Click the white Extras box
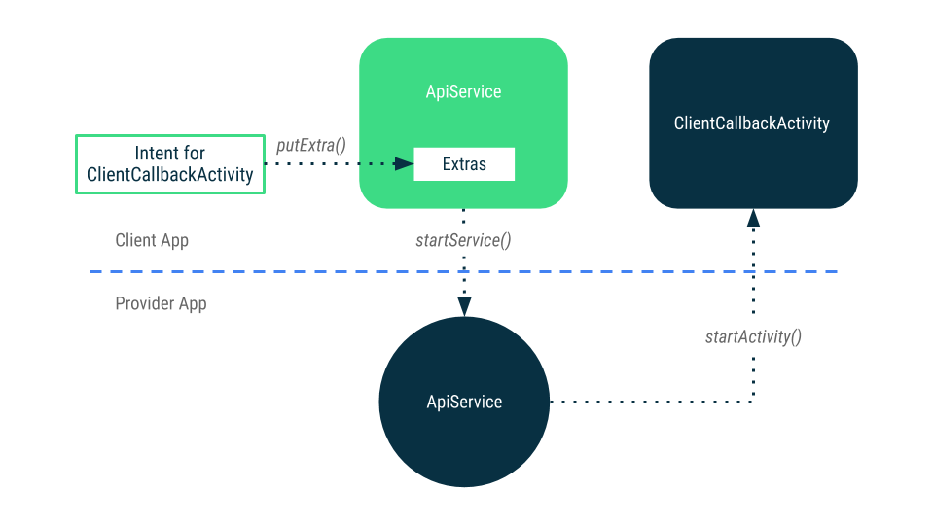(x=464, y=163)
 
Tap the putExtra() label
(x=311, y=145)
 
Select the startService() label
(x=463, y=240)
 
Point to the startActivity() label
(x=753, y=337)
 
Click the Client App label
(x=152, y=240)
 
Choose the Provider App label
(x=161, y=303)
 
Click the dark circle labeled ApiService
(x=464, y=402)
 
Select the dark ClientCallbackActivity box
(x=753, y=123)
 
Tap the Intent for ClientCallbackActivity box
(x=170, y=164)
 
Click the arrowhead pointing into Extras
(x=405, y=163)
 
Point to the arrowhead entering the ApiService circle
(x=464, y=307)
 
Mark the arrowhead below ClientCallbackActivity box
(x=753, y=219)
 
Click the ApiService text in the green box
(x=463, y=91)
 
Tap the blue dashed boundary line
(x=463, y=271)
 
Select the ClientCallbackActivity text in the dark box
(x=752, y=123)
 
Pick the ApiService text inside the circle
(x=464, y=402)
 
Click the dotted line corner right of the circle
(x=753, y=402)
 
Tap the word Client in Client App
(x=136, y=240)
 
